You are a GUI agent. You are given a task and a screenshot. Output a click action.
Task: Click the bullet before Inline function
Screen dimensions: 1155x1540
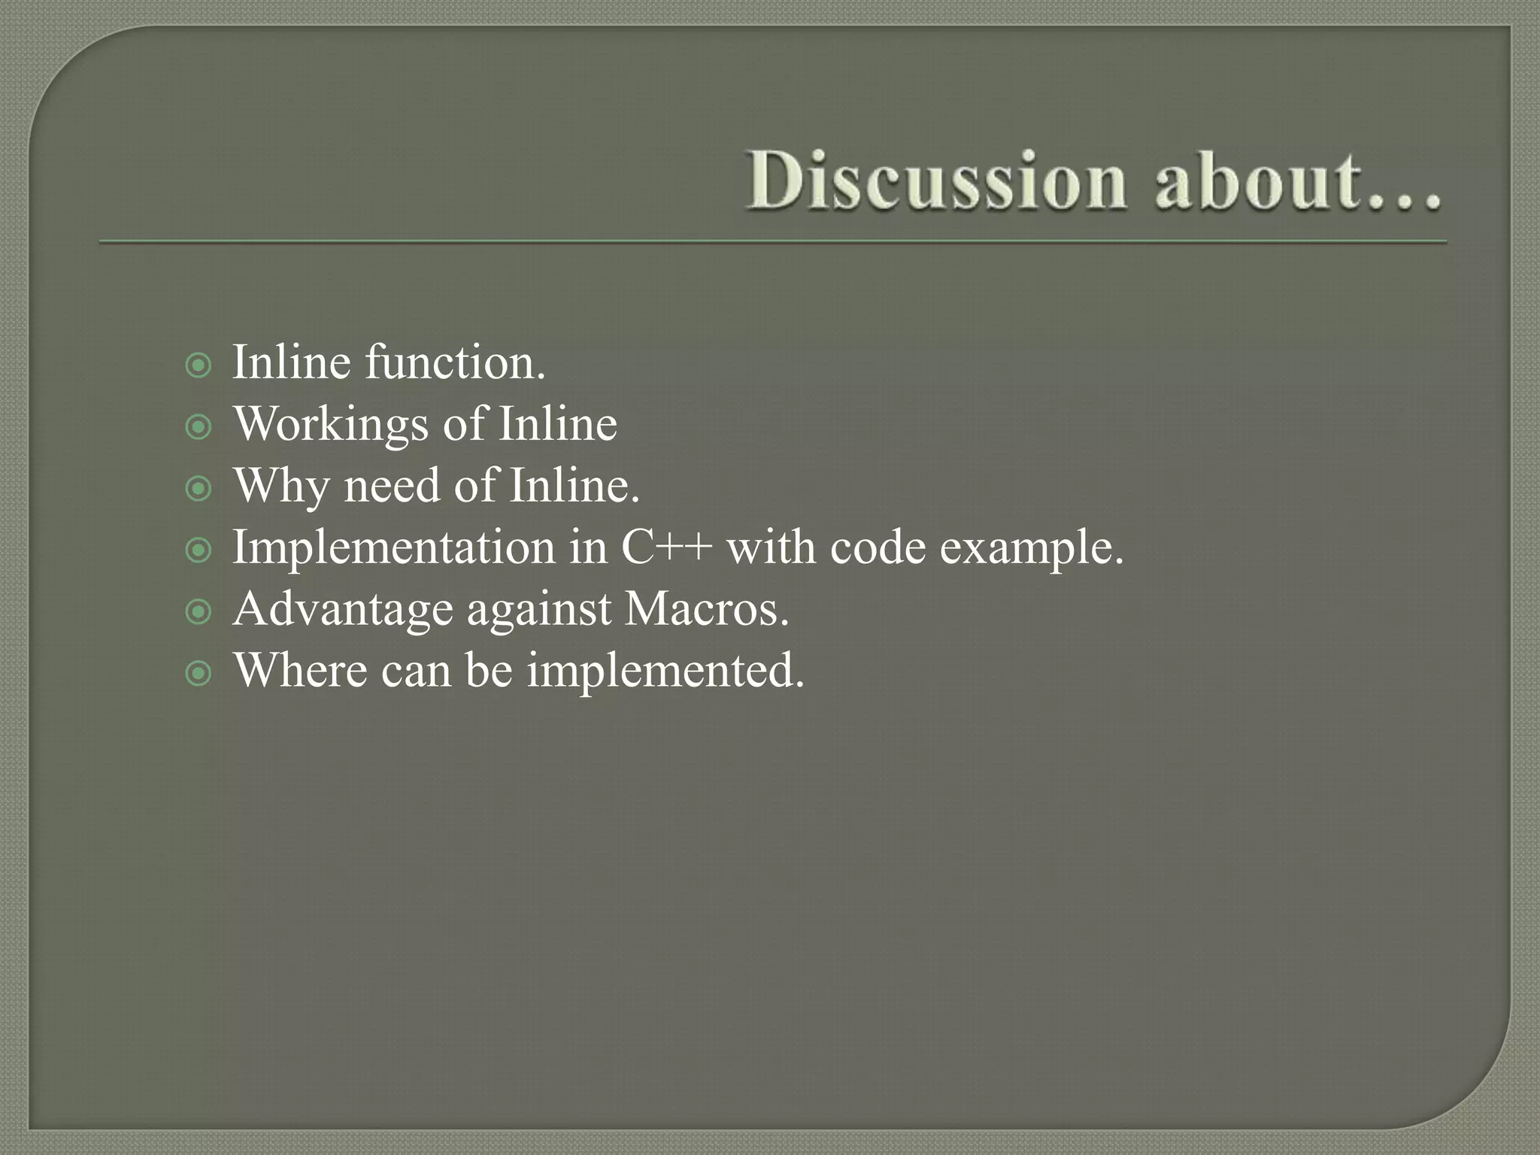click(x=199, y=367)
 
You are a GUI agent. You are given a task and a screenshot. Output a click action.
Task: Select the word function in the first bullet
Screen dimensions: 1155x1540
click(x=455, y=362)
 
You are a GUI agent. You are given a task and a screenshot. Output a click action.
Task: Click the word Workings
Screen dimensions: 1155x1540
click(x=332, y=426)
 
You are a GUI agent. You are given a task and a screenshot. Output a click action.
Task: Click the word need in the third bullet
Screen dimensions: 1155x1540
click(x=392, y=486)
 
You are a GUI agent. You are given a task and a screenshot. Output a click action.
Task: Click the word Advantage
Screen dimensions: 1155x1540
click(x=343, y=611)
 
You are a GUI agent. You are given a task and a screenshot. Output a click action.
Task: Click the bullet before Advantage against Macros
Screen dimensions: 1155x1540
click(x=199, y=612)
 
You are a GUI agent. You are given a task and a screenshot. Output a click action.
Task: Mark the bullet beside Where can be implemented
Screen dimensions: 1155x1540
click(x=199, y=674)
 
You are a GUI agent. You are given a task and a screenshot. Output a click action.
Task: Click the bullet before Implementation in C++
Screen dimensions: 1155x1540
click(x=199, y=550)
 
